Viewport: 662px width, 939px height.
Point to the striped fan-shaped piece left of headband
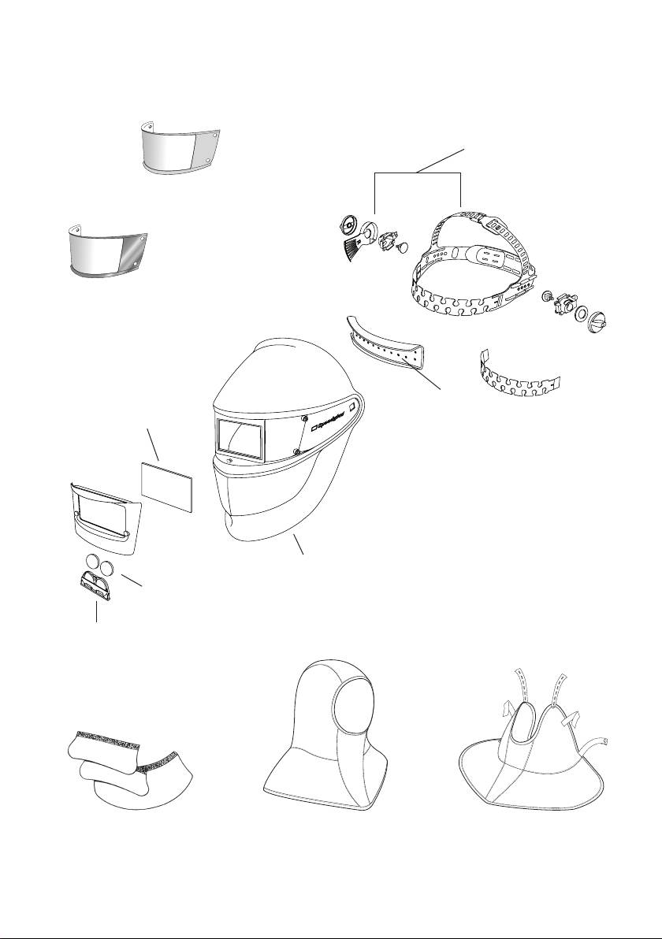point(351,251)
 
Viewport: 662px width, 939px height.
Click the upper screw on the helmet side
point(304,418)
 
